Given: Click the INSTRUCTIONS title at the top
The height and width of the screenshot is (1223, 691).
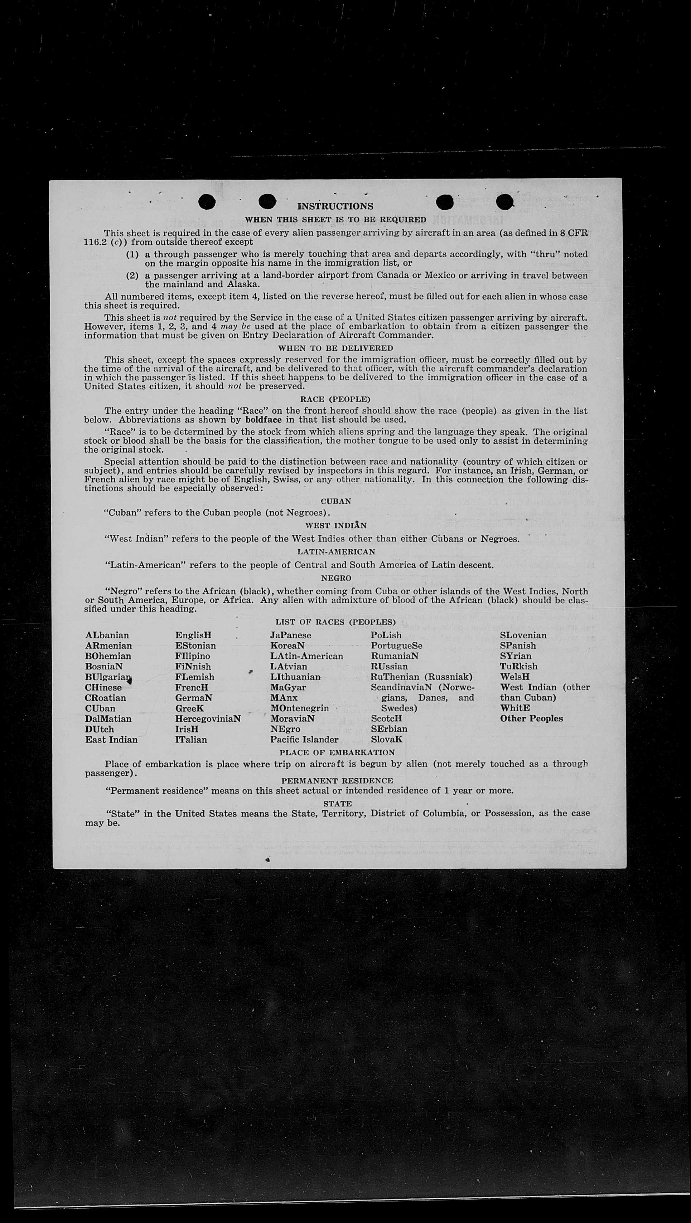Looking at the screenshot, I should [335, 206].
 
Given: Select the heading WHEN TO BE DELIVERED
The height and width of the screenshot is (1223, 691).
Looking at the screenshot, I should [335, 348].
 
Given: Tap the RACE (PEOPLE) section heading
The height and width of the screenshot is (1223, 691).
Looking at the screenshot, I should [335, 399].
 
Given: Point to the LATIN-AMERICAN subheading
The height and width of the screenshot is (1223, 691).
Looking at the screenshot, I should [336, 552].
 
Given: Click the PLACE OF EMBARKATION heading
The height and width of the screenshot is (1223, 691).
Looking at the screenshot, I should [337, 752].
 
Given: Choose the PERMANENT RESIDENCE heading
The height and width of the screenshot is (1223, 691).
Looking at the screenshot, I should [337, 780].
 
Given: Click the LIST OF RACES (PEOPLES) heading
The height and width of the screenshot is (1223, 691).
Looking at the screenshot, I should [335, 622].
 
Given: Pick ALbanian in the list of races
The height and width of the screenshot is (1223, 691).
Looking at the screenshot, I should [107, 635].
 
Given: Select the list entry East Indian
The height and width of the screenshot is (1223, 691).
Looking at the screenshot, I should [111, 740].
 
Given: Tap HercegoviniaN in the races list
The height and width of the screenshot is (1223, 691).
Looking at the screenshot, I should [208, 719].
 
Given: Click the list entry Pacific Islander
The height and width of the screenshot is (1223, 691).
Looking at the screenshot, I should [304, 740].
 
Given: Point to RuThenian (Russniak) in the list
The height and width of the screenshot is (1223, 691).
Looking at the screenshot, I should [421, 677].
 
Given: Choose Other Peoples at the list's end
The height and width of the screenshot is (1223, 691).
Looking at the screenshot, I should [531, 719].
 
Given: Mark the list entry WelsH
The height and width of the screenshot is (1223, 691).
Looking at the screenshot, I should [514, 677].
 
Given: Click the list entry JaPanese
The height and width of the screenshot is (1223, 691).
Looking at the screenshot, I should [291, 635].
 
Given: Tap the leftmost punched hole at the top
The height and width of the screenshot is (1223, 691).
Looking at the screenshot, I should [207, 202].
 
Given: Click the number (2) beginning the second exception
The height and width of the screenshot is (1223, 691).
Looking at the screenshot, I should [132, 276].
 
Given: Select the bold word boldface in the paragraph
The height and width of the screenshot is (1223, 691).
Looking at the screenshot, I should [263, 420].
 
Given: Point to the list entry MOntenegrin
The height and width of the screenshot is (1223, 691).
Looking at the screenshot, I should [299, 708].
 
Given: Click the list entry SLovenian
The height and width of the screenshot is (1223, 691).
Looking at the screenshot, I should [523, 635].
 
